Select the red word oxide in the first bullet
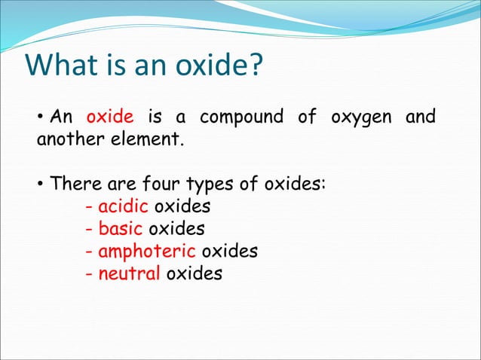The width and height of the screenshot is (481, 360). coord(110,117)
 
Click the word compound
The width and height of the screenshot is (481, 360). coord(241,117)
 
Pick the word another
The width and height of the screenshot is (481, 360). coord(71,139)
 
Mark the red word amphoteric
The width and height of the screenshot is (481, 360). coord(147,251)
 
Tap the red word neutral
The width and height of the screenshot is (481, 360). coord(129,273)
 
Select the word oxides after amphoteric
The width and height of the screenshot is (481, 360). coord(229,251)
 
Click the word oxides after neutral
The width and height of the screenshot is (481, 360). coord(194,273)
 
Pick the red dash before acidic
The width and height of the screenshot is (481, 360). coord(90,206)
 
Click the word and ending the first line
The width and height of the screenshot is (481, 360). coord(420,117)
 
